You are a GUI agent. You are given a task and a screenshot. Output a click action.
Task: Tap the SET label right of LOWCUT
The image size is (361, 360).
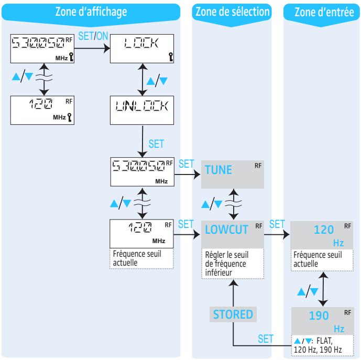click(x=277, y=224)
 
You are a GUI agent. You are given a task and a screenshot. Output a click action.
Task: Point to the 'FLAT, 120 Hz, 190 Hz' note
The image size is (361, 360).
click(x=321, y=345)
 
